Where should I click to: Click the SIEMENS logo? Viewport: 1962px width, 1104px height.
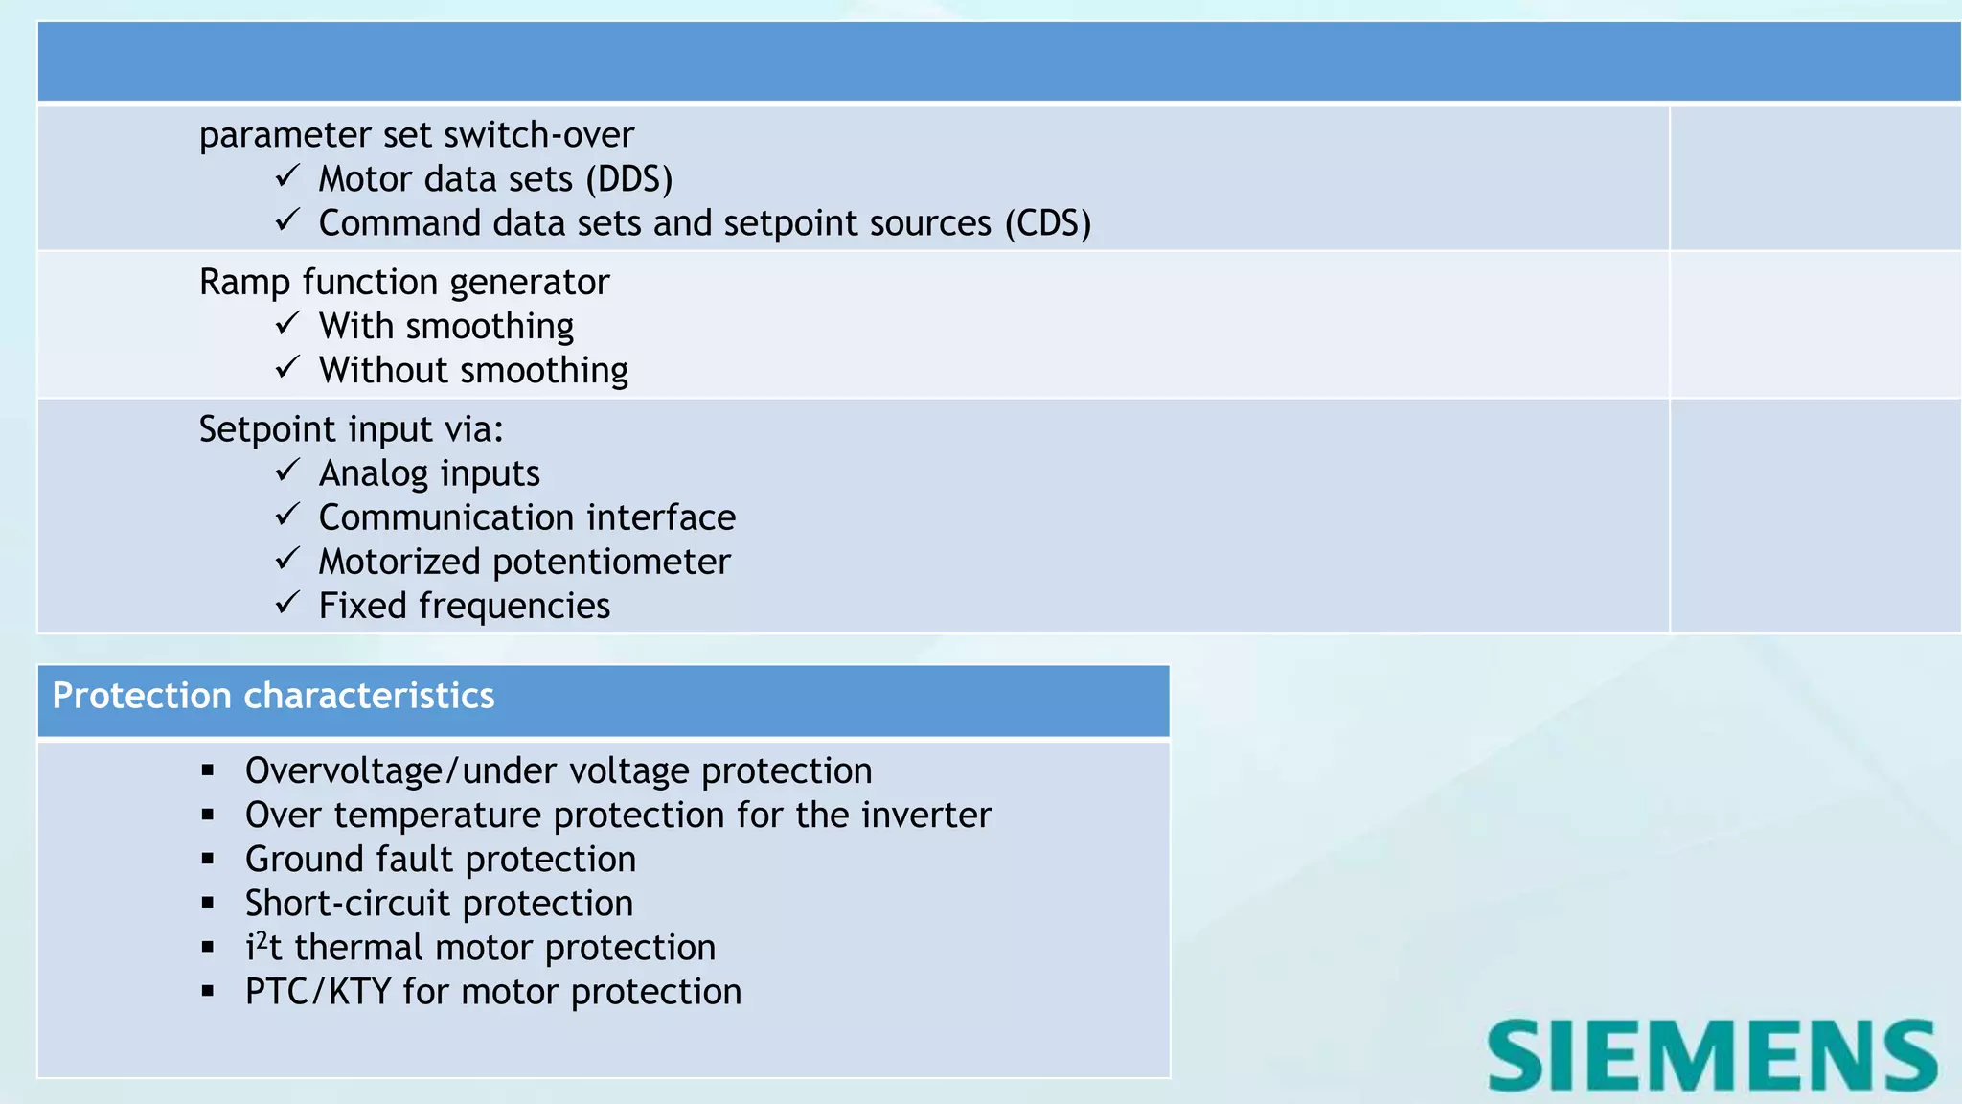coord(1712,1055)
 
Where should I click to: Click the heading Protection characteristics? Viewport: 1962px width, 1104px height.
coord(273,696)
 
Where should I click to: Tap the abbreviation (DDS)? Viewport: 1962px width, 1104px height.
coord(629,179)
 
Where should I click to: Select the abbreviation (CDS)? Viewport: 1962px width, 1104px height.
coord(1048,223)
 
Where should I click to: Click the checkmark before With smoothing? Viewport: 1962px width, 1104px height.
coord(287,324)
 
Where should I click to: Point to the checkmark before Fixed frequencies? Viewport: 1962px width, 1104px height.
coord(287,604)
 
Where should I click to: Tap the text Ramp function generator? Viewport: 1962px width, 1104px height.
coord(404,283)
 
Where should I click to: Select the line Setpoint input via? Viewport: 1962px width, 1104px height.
coord(351,429)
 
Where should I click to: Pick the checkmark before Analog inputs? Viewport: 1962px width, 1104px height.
coord(287,471)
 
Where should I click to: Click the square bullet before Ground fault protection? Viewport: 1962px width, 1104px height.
coord(208,860)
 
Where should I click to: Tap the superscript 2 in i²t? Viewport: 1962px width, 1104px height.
coord(262,939)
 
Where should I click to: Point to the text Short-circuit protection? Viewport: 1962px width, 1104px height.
coord(439,904)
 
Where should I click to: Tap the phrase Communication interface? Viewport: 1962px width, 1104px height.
coord(527,518)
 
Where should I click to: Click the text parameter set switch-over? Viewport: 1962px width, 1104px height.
coord(416,135)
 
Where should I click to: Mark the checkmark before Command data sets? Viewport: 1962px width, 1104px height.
coord(287,221)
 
